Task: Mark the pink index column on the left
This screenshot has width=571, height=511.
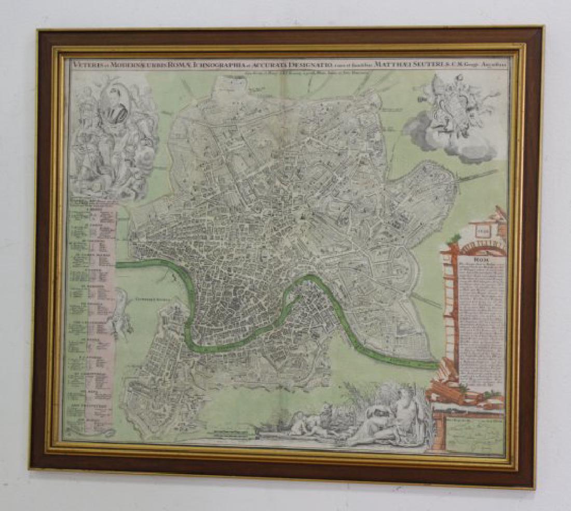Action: pos(107,312)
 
